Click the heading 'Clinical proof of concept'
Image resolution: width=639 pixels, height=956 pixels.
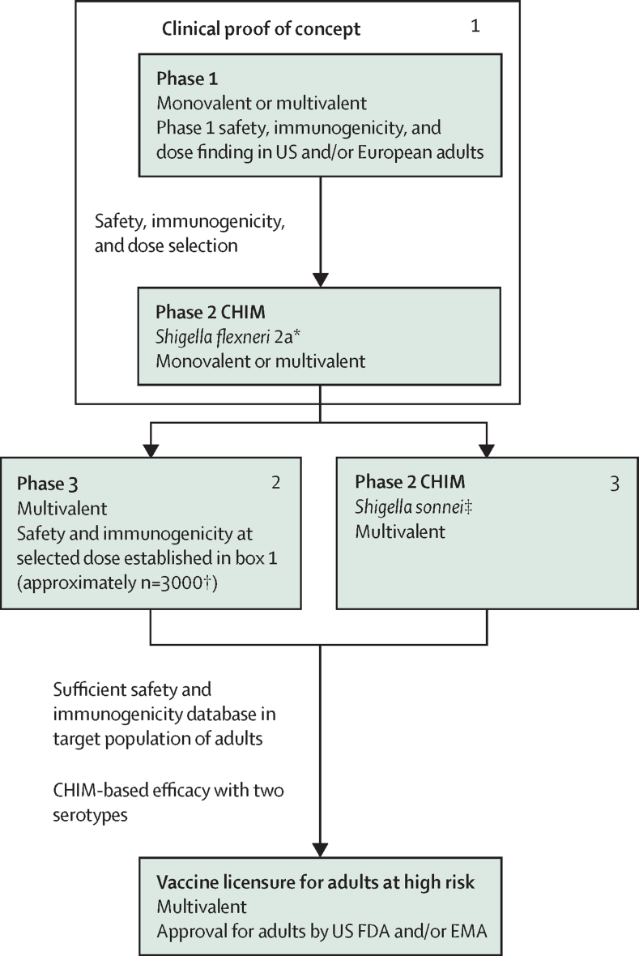pyautogui.click(x=261, y=30)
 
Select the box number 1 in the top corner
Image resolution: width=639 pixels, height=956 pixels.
pyautogui.click(x=475, y=26)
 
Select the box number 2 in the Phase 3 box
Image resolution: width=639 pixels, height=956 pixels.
pyautogui.click(x=275, y=483)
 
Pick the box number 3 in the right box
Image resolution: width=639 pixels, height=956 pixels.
pyautogui.click(x=615, y=483)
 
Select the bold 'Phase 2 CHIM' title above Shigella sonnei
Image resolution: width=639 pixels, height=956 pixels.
pyautogui.click(x=410, y=483)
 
